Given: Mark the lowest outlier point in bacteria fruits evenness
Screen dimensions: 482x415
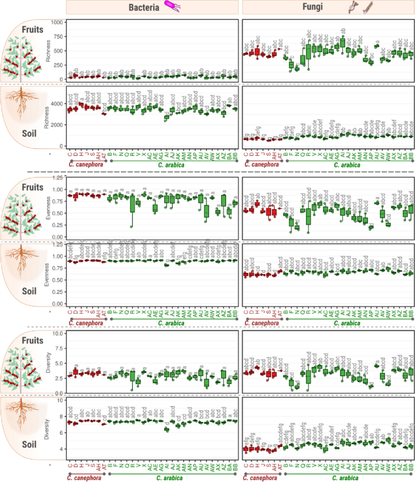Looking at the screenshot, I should pyautogui.click(x=132, y=226).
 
